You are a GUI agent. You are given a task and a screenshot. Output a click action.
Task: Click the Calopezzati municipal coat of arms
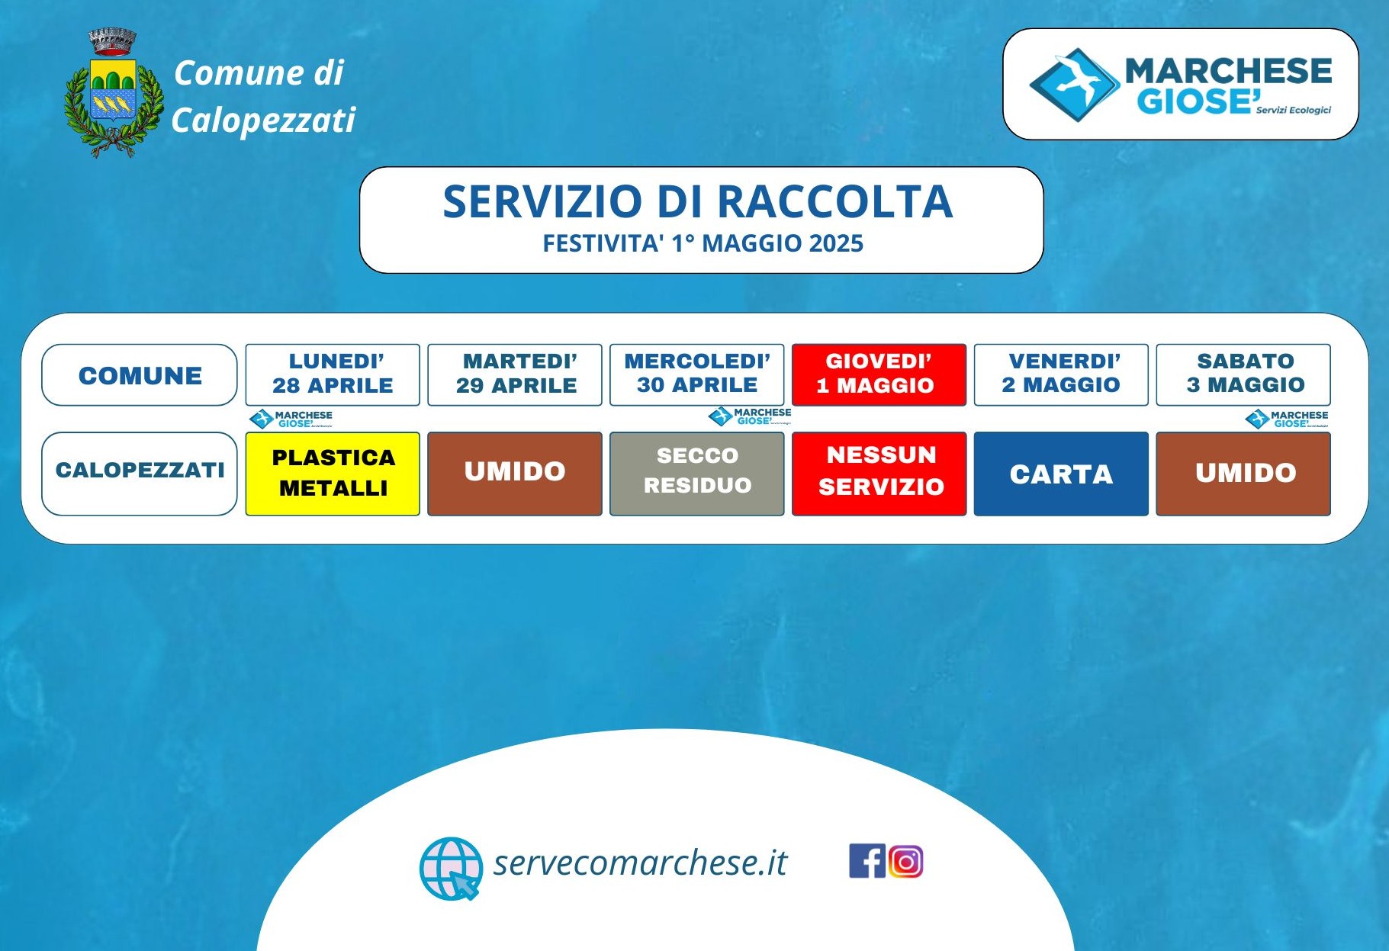point(114,93)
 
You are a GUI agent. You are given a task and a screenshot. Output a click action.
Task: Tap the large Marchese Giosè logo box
point(1180,84)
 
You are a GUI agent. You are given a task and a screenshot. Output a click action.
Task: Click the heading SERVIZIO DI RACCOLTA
point(698,202)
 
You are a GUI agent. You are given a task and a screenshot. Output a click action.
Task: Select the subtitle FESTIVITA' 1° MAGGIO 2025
point(703,243)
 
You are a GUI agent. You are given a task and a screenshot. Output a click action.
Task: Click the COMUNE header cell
point(140,374)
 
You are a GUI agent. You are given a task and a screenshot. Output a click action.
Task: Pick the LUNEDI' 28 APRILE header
point(333,374)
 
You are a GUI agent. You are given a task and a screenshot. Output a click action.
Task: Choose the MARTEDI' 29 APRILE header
point(515,374)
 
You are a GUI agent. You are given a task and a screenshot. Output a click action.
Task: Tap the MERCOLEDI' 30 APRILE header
point(697,374)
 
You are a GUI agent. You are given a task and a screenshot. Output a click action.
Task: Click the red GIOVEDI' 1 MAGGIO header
point(879,374)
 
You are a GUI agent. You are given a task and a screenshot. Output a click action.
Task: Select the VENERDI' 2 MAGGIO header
point(1061,374)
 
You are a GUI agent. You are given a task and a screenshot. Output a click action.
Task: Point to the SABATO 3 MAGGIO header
point(1243,374)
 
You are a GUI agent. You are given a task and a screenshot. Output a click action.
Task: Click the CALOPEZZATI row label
point(140,474)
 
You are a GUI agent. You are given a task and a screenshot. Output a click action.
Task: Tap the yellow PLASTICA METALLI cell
point(333,474)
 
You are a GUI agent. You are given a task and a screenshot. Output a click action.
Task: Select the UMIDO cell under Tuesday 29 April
point(515,474)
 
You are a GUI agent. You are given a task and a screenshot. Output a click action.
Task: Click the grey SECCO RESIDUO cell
point(697,474)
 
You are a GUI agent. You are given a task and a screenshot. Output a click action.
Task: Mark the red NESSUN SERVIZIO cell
point(879,474)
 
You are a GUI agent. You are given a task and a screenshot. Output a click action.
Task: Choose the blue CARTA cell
point(1061,474)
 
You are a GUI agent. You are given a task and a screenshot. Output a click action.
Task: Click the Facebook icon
point(867,861)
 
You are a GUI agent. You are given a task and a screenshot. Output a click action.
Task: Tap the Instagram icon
point(905,862)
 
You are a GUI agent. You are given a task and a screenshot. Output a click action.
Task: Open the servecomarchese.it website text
point(640,863)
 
